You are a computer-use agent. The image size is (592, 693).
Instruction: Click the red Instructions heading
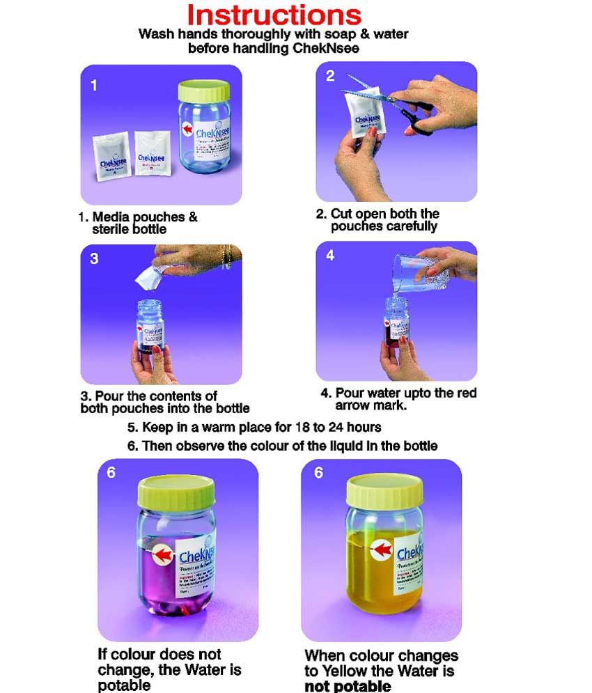pyautogui.click(x=274, y=15)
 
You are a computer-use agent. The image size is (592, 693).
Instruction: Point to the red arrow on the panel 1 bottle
pyautogui.click(x=187, y=129)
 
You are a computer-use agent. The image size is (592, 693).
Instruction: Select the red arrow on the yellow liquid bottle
pyautogui.click(x=382, y=550)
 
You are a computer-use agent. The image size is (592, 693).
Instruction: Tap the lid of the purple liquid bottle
pyautogui.click(x=178, y=495)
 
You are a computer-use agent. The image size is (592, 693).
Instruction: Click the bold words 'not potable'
pyautogui.click(x=348, y=685)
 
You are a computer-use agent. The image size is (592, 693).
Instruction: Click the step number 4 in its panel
pyautogui.click(x=330, y=256)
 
